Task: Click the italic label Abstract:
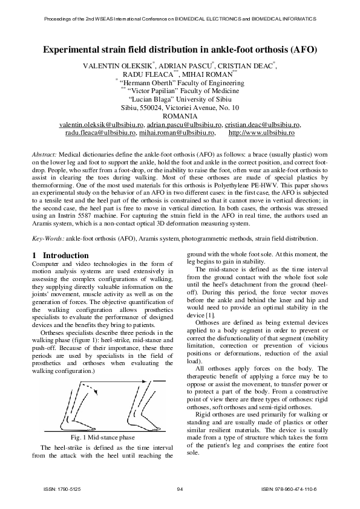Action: coord(44,155)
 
